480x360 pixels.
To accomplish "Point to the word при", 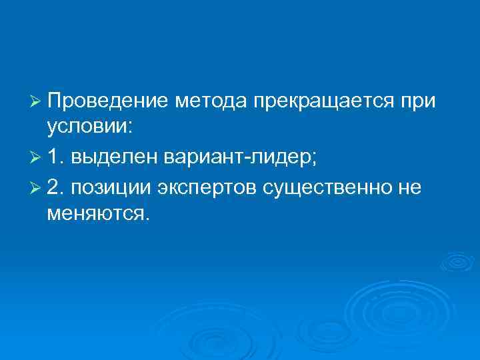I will pyautogui.click(x=418, y=102).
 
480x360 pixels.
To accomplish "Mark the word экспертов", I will pyautogui.click(x=207, y=189).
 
